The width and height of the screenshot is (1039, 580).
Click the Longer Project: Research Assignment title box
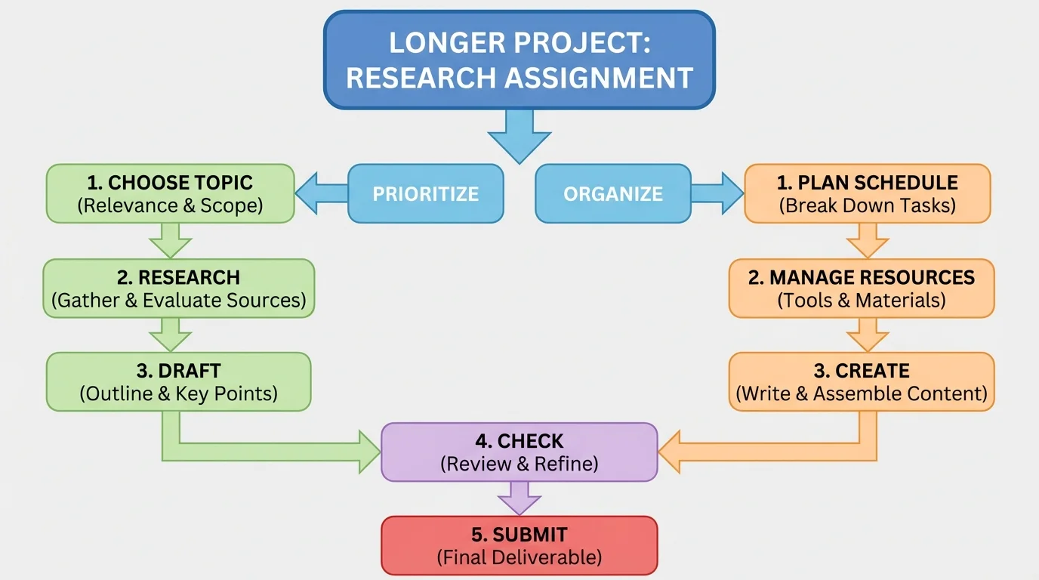point(519,60)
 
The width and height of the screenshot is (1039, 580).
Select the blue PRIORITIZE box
point(425,193)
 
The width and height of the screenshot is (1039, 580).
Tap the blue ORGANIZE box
point(612,193)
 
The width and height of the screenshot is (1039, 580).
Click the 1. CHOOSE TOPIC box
point(170,193)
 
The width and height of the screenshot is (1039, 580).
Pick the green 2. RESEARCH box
point(178,288)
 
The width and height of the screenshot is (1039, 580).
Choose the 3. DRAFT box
point(178,381)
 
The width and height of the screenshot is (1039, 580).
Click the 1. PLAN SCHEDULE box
point(867,193)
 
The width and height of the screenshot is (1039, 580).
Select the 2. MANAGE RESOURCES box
point(861,288)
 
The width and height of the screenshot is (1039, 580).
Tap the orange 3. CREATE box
point(861,381)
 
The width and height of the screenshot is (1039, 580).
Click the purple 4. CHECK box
point(519,452)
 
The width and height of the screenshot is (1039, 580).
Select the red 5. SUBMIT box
point(519,545)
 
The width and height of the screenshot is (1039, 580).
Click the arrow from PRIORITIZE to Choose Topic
point(321,193)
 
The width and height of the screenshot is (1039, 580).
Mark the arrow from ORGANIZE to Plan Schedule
point(717,193)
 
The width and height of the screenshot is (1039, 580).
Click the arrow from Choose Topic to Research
point(170,241)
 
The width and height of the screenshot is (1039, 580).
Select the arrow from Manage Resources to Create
point(867,335)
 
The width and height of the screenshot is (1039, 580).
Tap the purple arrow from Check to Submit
point(519,498)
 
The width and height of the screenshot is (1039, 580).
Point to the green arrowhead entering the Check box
point(368,452)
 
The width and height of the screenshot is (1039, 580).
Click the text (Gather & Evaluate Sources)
point(178,300)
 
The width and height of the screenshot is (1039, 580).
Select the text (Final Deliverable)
point(519,557)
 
